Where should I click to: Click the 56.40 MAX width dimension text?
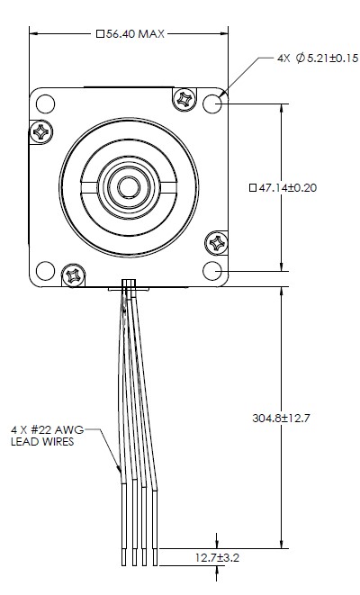129,33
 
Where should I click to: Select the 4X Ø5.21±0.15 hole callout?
318,59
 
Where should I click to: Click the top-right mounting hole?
213,104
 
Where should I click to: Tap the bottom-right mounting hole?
213,270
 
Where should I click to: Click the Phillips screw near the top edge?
184,96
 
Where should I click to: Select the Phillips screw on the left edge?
41,132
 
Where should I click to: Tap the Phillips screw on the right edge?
217,241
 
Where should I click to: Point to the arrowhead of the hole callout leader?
221,93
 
